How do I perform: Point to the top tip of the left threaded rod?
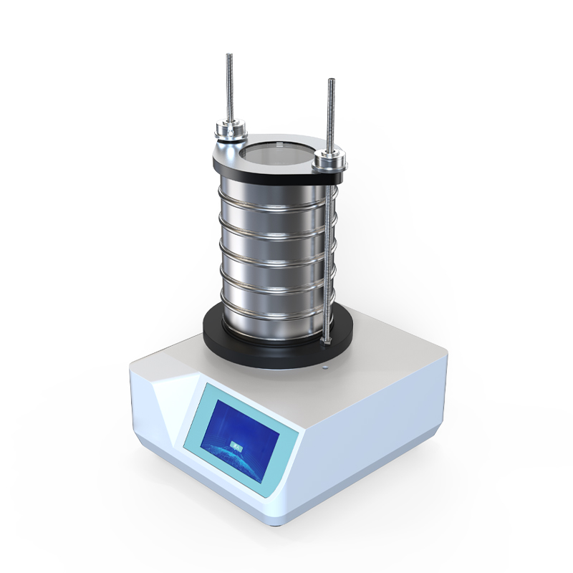click(229, 56)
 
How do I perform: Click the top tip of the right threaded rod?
click(332, 80)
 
